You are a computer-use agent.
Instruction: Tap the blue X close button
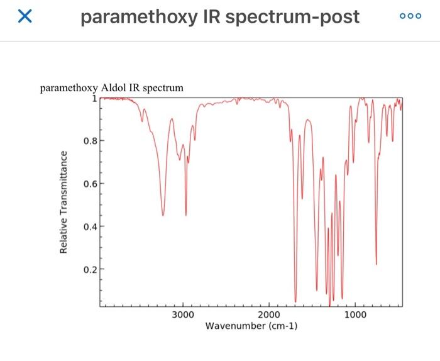tap(25, 17)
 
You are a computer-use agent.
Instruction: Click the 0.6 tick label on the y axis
tap(90, 184)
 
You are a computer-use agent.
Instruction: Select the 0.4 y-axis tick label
tap(90, 226)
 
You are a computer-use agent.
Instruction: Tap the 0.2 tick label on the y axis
tap(90, 269)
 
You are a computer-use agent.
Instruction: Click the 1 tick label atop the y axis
tap(94, 98)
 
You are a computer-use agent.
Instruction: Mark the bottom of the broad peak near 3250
tap(163, 215)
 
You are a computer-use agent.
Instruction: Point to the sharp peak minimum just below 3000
tap(185, 215)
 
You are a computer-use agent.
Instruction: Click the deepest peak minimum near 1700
tap(295, 301)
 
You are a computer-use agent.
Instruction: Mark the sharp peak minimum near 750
tap(376, 264)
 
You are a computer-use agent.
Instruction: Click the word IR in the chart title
tap(135, 87)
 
